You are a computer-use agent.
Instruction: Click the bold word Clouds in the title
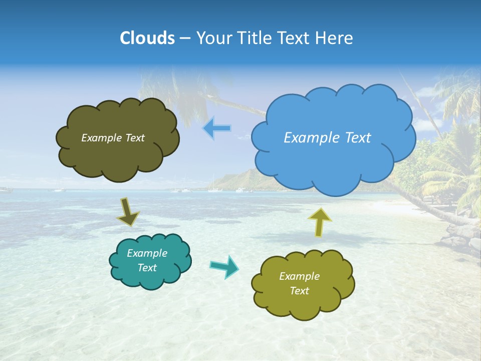pos(147,38)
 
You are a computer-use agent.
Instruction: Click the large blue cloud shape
pos(333,160)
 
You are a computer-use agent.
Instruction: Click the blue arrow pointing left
pos(216,128)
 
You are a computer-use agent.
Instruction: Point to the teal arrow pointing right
pos(225,266)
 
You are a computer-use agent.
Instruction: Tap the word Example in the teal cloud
pos(147,253)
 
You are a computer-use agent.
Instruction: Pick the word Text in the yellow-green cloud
pos(299,291)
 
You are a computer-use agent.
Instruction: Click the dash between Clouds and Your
pos(184,38)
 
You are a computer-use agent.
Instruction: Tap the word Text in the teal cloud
pos(147,268)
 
